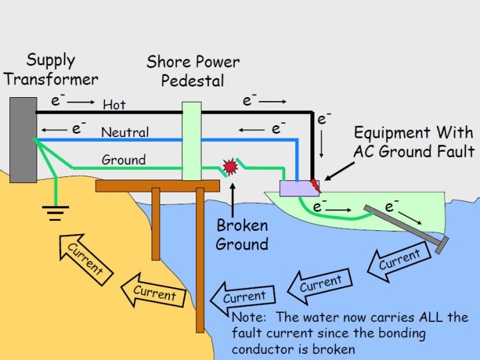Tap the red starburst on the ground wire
click(x=231, y=166)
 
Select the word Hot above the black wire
click(x=114, y=104)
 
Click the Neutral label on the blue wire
click(x=124, y=132)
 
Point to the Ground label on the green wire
click(x=123, y=160)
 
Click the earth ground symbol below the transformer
click(x=56, y=214)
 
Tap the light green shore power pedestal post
click(x=191, y=140)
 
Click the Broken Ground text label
click(x=242, y=234)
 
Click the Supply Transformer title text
click(x=51, y=69)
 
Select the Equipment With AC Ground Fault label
click(x=414, y=142)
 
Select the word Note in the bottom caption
click(x=247, y=317)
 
